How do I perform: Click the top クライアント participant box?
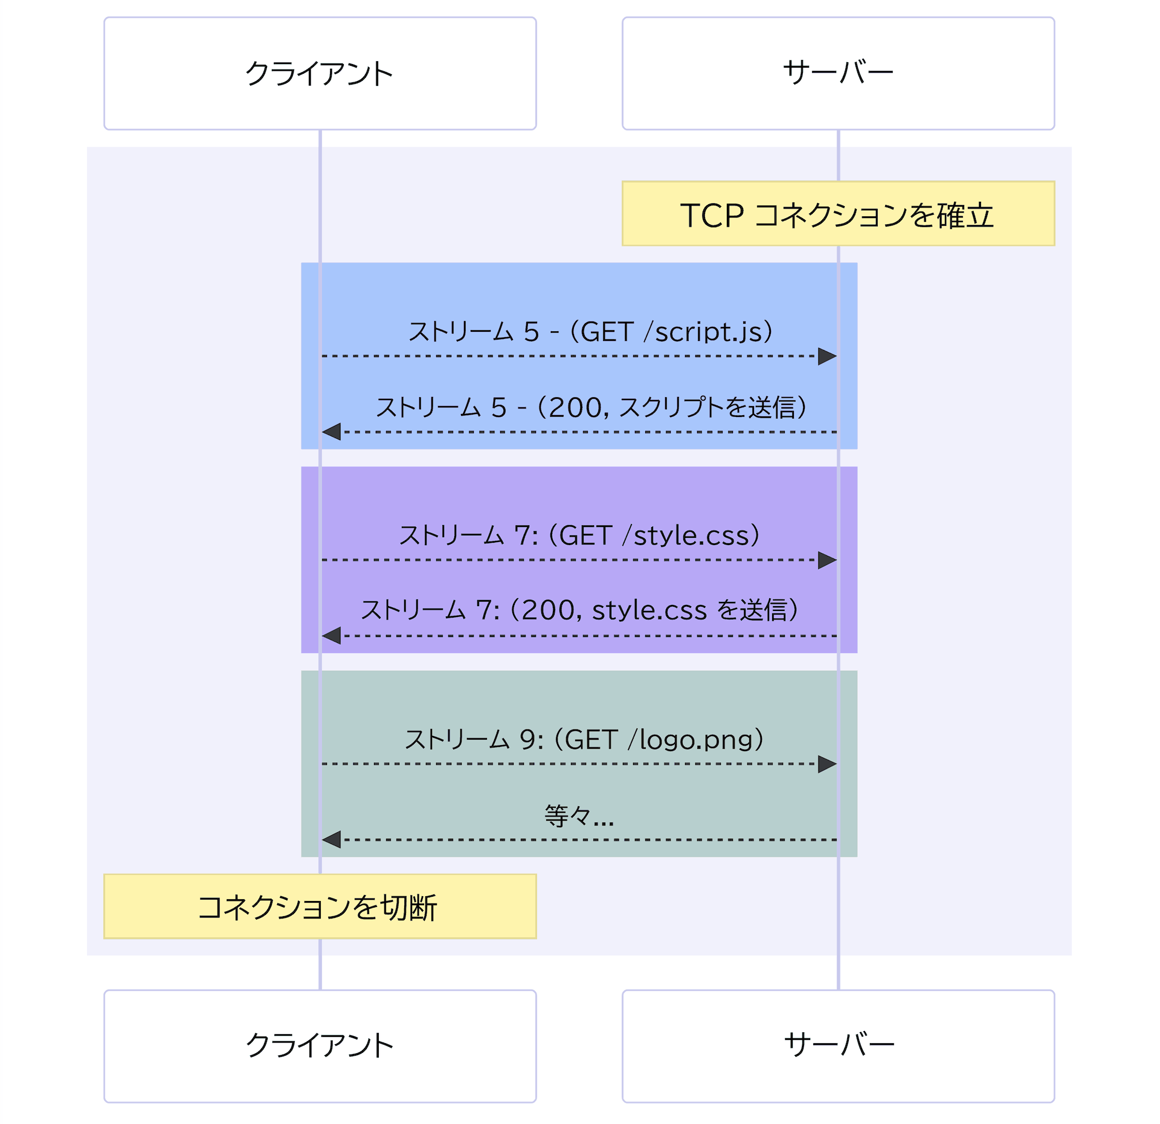[x=320, y=73]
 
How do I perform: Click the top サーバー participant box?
[x=838, y=73]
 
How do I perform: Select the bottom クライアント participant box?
[x=320, y=1046]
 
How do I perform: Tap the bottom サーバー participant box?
[x=838, y=1046]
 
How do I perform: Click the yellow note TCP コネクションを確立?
[x=838, y=214]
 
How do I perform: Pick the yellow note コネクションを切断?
[x=320, y=906]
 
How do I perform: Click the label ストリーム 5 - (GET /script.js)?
[x=590, y=332]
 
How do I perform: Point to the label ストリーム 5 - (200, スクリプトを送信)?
[x=590, y=407]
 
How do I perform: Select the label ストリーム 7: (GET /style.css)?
[x=579, y=535]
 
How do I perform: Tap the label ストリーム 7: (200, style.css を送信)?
[x=579, y=610]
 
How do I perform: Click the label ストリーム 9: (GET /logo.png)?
[x=584, y=740]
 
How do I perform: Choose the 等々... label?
[x=579, y=816]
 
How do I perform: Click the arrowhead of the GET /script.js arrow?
[x=827, y=357]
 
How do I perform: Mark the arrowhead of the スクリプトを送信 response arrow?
[x=332, y=432]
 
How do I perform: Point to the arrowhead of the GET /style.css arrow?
[x=827, y=560]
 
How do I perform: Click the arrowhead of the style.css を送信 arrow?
[x=332, y=636]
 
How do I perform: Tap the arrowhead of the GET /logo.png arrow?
[x=827, y=764]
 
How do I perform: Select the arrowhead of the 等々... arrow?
[x=332, y=839]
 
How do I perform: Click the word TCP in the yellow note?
[x=712, y=215]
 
